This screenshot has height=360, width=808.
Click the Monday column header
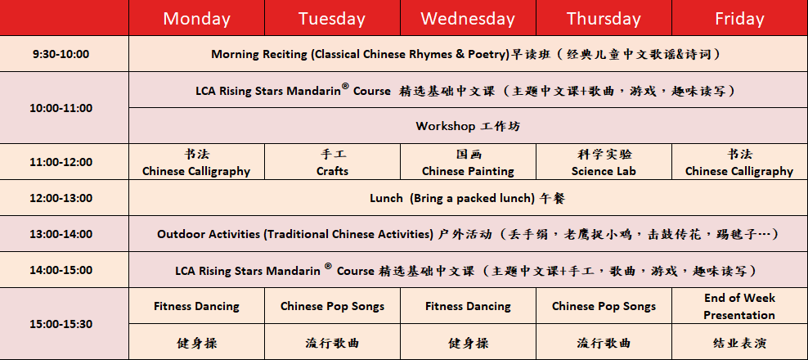(x=196, y=19)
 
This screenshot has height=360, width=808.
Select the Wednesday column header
(x=468, y=19)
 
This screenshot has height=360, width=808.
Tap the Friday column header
(x=739, y=19)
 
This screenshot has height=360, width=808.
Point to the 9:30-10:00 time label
(x=61, y=54)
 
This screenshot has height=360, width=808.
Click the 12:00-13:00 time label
(x=61, y=198)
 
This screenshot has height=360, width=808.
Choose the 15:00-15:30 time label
(x=61, y=324)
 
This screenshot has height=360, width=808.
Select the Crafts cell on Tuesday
(x=332, y=162)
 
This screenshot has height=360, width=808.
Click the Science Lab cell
(x=604, y=162)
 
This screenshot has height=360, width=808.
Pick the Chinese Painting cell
(x=468, y=162)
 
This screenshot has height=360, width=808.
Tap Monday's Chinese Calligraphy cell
(x=196, y=162)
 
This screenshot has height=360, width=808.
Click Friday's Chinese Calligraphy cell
(x=739, y=162)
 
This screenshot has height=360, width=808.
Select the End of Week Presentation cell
(x=739, y=306)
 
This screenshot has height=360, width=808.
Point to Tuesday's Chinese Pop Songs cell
(x=332, y=306)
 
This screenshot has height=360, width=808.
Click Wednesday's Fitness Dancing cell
(x=468, y=306)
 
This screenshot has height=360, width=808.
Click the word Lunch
(x=386, y=198)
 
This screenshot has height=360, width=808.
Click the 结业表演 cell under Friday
(x=739, y=342)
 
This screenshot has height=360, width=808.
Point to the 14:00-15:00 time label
(x=61, y=270)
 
